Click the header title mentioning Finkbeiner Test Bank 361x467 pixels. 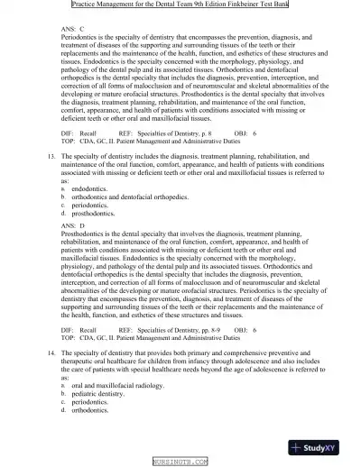(x=180, y=7)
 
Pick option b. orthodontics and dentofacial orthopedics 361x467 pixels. (x=129, y=197)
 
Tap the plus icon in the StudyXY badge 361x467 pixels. (x=298, y=447)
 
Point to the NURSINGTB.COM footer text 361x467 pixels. (x=180, y=461)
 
